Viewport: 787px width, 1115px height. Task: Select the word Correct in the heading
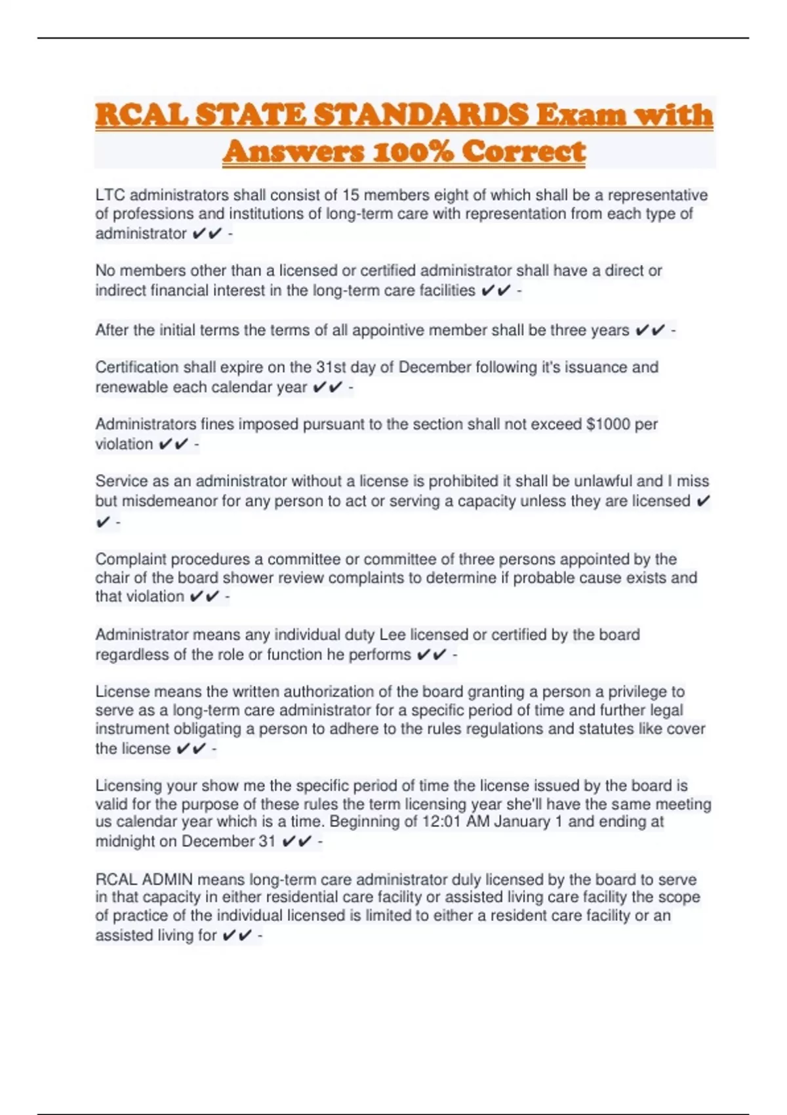523,152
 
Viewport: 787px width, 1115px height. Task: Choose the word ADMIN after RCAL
167,880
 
